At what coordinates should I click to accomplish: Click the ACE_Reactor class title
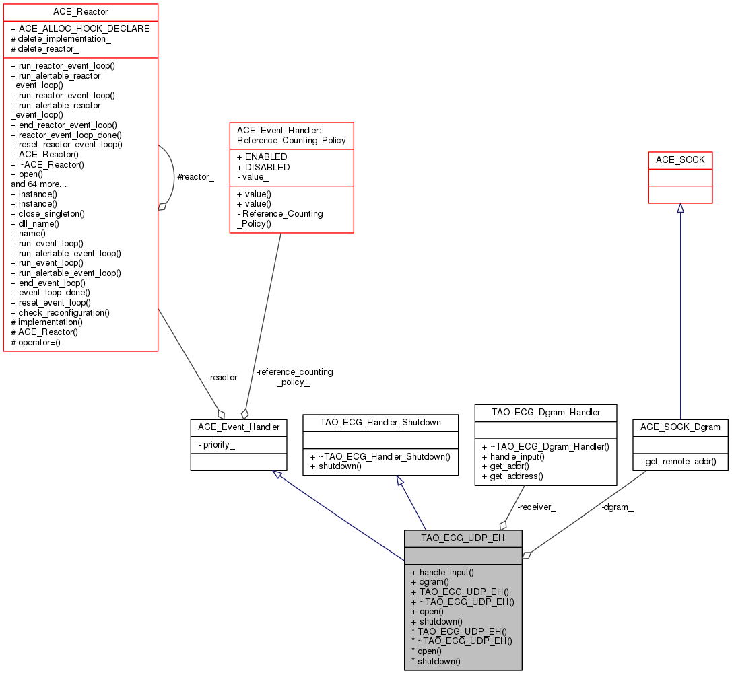tap(81, 12)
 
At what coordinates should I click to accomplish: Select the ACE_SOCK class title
tap(679, 160)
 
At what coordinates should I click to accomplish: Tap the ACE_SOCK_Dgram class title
tap(680, 427)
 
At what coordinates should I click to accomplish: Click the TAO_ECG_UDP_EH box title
tap(463, 538)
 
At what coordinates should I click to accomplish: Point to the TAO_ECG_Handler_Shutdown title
tap(381, 422)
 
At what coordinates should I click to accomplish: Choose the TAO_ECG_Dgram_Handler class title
tap(545, 412)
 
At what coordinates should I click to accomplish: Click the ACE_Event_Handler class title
tap(239, 427)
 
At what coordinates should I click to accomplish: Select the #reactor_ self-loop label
tap(195, 176)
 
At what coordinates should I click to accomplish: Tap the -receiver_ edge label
tap(537, 507)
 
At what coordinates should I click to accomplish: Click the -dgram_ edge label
tap(617, 507)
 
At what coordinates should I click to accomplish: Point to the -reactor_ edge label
tap(224, 378)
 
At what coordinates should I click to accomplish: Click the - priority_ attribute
tap(216, 445)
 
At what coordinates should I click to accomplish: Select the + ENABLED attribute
tap(262, 157)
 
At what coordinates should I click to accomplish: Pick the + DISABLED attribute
tap(263, 167)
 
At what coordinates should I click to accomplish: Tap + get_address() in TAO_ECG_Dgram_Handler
tap(512, 476)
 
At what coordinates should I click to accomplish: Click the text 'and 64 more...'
tap(38, 183)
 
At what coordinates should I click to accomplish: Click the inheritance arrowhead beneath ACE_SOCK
tap(680, 208)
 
